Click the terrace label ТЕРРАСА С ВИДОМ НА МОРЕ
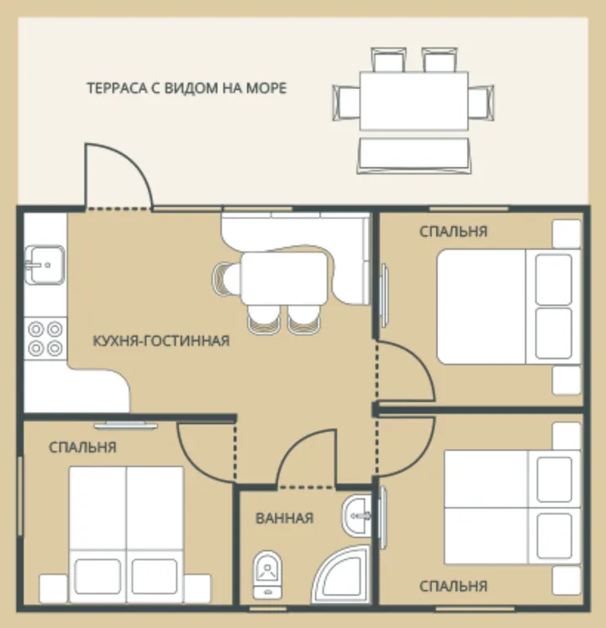tap(186, 88)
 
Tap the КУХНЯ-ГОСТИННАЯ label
tap(161, 341)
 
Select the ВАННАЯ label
tap(285, 518)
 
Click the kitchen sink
tap(44, 265)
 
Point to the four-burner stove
tap(45, 339)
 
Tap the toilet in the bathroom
tap(267, 574)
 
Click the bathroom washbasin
tap(357, 515)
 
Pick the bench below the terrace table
tap(414, 156)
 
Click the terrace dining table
tap(414, 101)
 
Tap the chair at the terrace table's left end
tap(346, 103)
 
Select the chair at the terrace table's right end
tap(481, 103)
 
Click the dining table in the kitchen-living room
tap(285, 278)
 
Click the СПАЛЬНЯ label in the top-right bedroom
tap(453, 231)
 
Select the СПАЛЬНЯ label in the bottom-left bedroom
tap(83, 447)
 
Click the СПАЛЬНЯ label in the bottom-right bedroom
tap(453, 586)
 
